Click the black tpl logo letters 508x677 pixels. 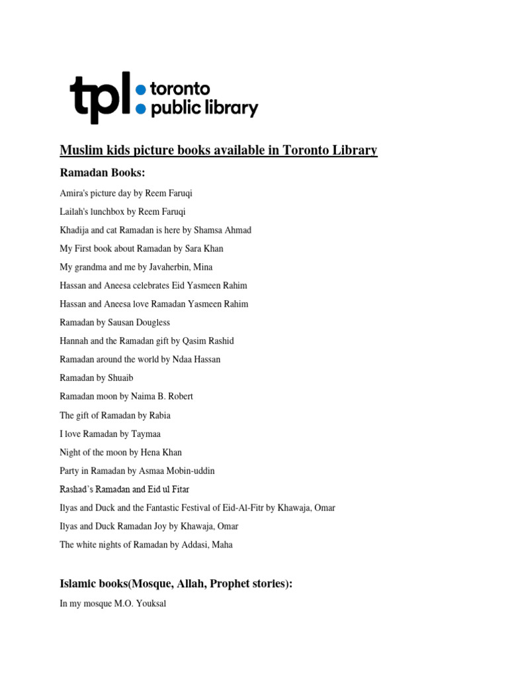[x=99, y=97]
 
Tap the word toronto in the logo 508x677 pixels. [x=181, y=89]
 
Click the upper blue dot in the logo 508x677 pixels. [x=140, y=89]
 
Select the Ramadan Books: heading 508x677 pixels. [x=102, y=173]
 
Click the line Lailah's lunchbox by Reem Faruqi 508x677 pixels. [x=122, y=212]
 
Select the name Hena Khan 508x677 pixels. [x=161, y=452]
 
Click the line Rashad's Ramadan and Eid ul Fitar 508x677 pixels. [x=124, y=489]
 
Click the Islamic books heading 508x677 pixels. [x=176, y=584]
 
